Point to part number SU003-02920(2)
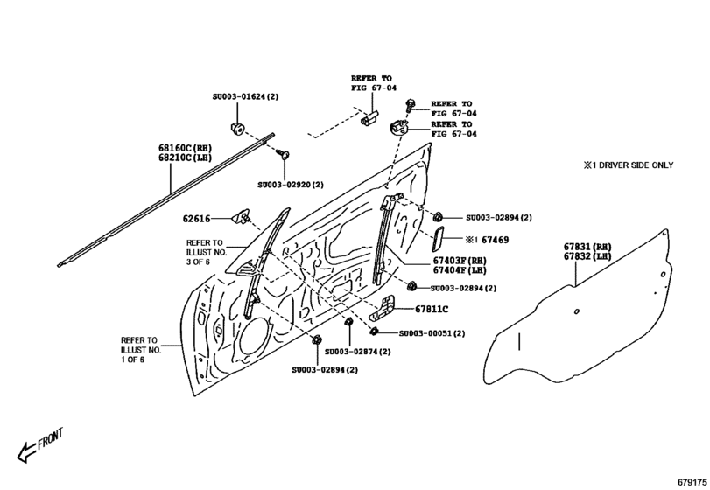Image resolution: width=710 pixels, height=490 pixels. (291, 185)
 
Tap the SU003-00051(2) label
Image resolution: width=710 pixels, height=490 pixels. (432, 333)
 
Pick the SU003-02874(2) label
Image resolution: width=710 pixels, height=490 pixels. (357, 351)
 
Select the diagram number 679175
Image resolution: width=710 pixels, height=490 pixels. (689, 481)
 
